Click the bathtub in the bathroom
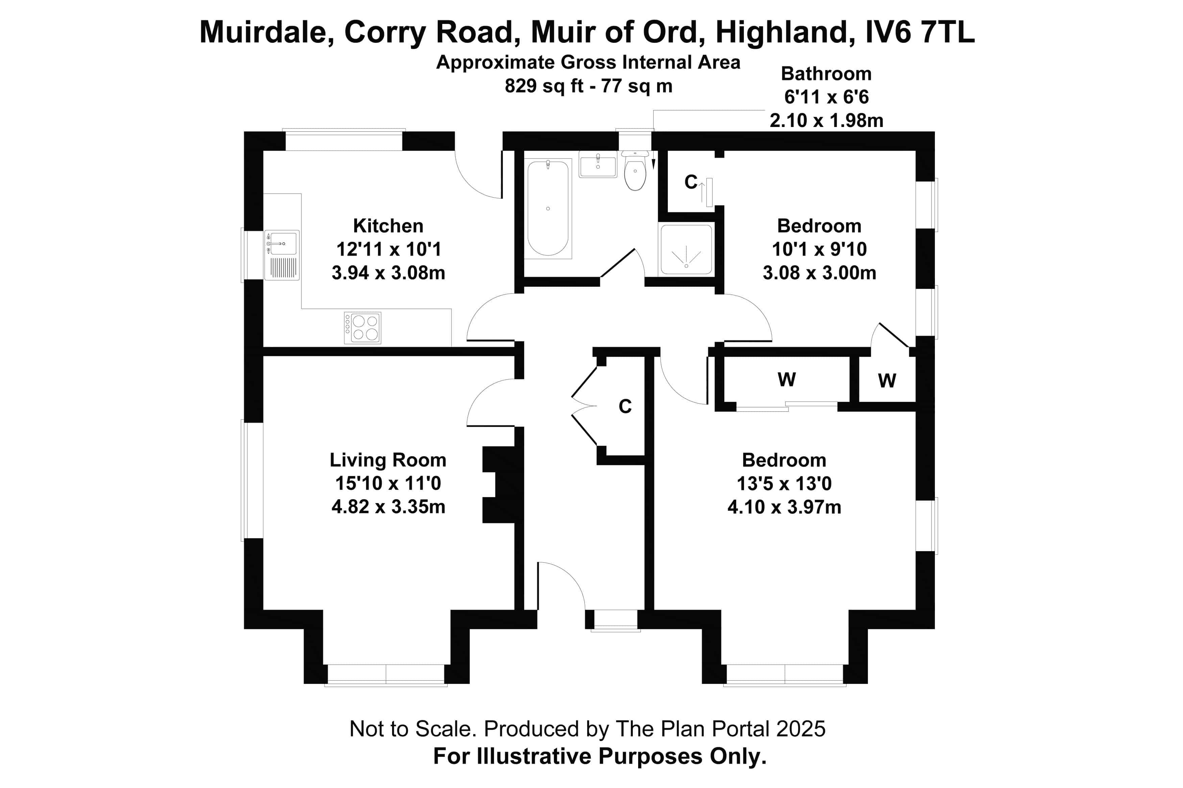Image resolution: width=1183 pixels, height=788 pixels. click(x=548, y=208)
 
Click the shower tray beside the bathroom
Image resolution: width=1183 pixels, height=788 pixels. click(x=686, y=250)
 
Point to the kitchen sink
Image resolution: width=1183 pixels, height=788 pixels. click(x=282, y=255)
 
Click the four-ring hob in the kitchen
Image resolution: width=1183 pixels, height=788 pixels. click(x=362, y=328)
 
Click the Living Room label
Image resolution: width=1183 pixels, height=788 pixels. click(x=388, y=460)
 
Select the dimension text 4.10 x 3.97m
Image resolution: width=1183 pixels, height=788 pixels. click(x=784, y=507)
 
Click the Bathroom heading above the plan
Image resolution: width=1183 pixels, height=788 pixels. click(x=826, y=73)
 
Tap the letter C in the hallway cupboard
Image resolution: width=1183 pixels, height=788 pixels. click(x=625, y=406)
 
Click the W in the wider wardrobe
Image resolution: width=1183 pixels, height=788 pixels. click(x=786, y=379)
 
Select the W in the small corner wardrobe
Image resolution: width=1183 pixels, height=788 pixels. click(x=887, y=380)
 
